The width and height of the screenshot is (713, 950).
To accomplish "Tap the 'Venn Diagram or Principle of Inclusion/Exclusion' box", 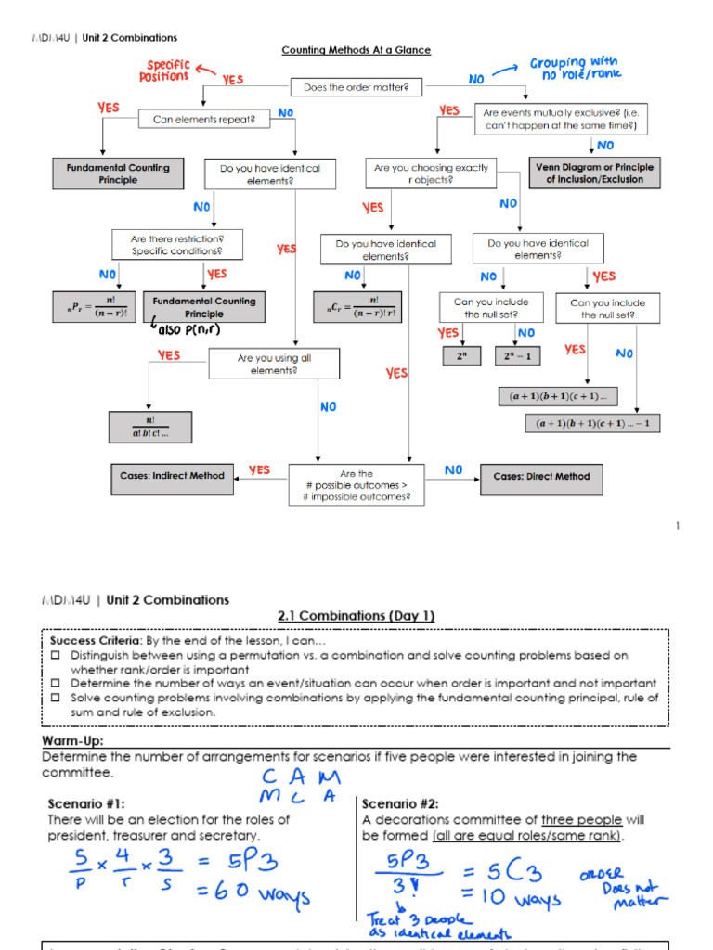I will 594,173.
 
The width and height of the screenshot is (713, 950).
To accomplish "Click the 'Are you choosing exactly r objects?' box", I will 430,173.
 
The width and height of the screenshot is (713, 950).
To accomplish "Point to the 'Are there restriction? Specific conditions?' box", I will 176,245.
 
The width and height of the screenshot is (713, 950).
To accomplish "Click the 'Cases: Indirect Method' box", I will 172,476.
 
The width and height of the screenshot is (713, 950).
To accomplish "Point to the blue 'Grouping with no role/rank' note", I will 575,69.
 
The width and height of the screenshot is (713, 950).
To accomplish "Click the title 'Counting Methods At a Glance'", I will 356,50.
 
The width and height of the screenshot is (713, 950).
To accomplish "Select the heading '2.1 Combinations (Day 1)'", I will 356,616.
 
